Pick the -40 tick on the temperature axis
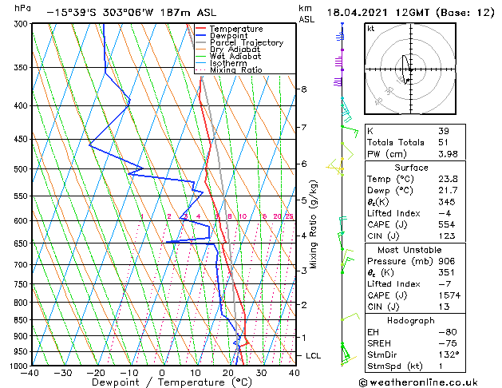pos(31,373)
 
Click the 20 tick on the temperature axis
pos(228,373)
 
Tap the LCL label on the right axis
pos(314,355)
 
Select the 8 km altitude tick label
pos(303,89)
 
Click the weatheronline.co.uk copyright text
pos(429,382)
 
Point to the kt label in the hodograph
pos(370,29)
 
